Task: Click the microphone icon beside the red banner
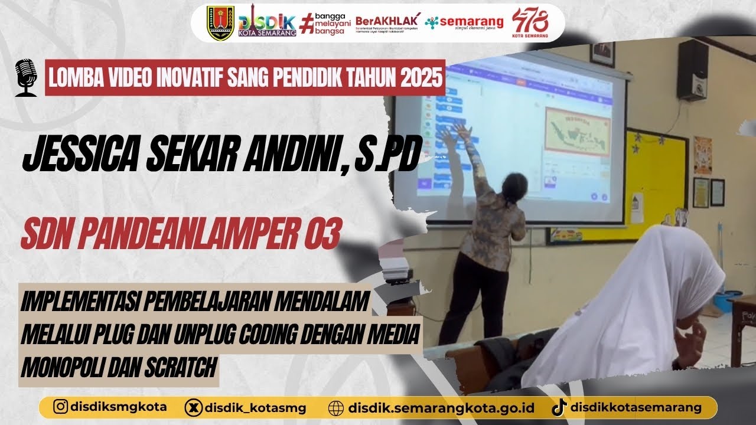point(25,77)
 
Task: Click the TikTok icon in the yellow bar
point(559,407)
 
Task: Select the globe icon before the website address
point(335,407)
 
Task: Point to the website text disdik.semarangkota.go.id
point(441,407)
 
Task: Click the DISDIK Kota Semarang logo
point(266,24)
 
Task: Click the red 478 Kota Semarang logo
point(530,23)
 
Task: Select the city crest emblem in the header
point(220,23)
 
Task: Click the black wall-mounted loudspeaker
point(692,70)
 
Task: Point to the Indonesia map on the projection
point(577,131)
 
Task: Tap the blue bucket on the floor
point(728,300)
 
